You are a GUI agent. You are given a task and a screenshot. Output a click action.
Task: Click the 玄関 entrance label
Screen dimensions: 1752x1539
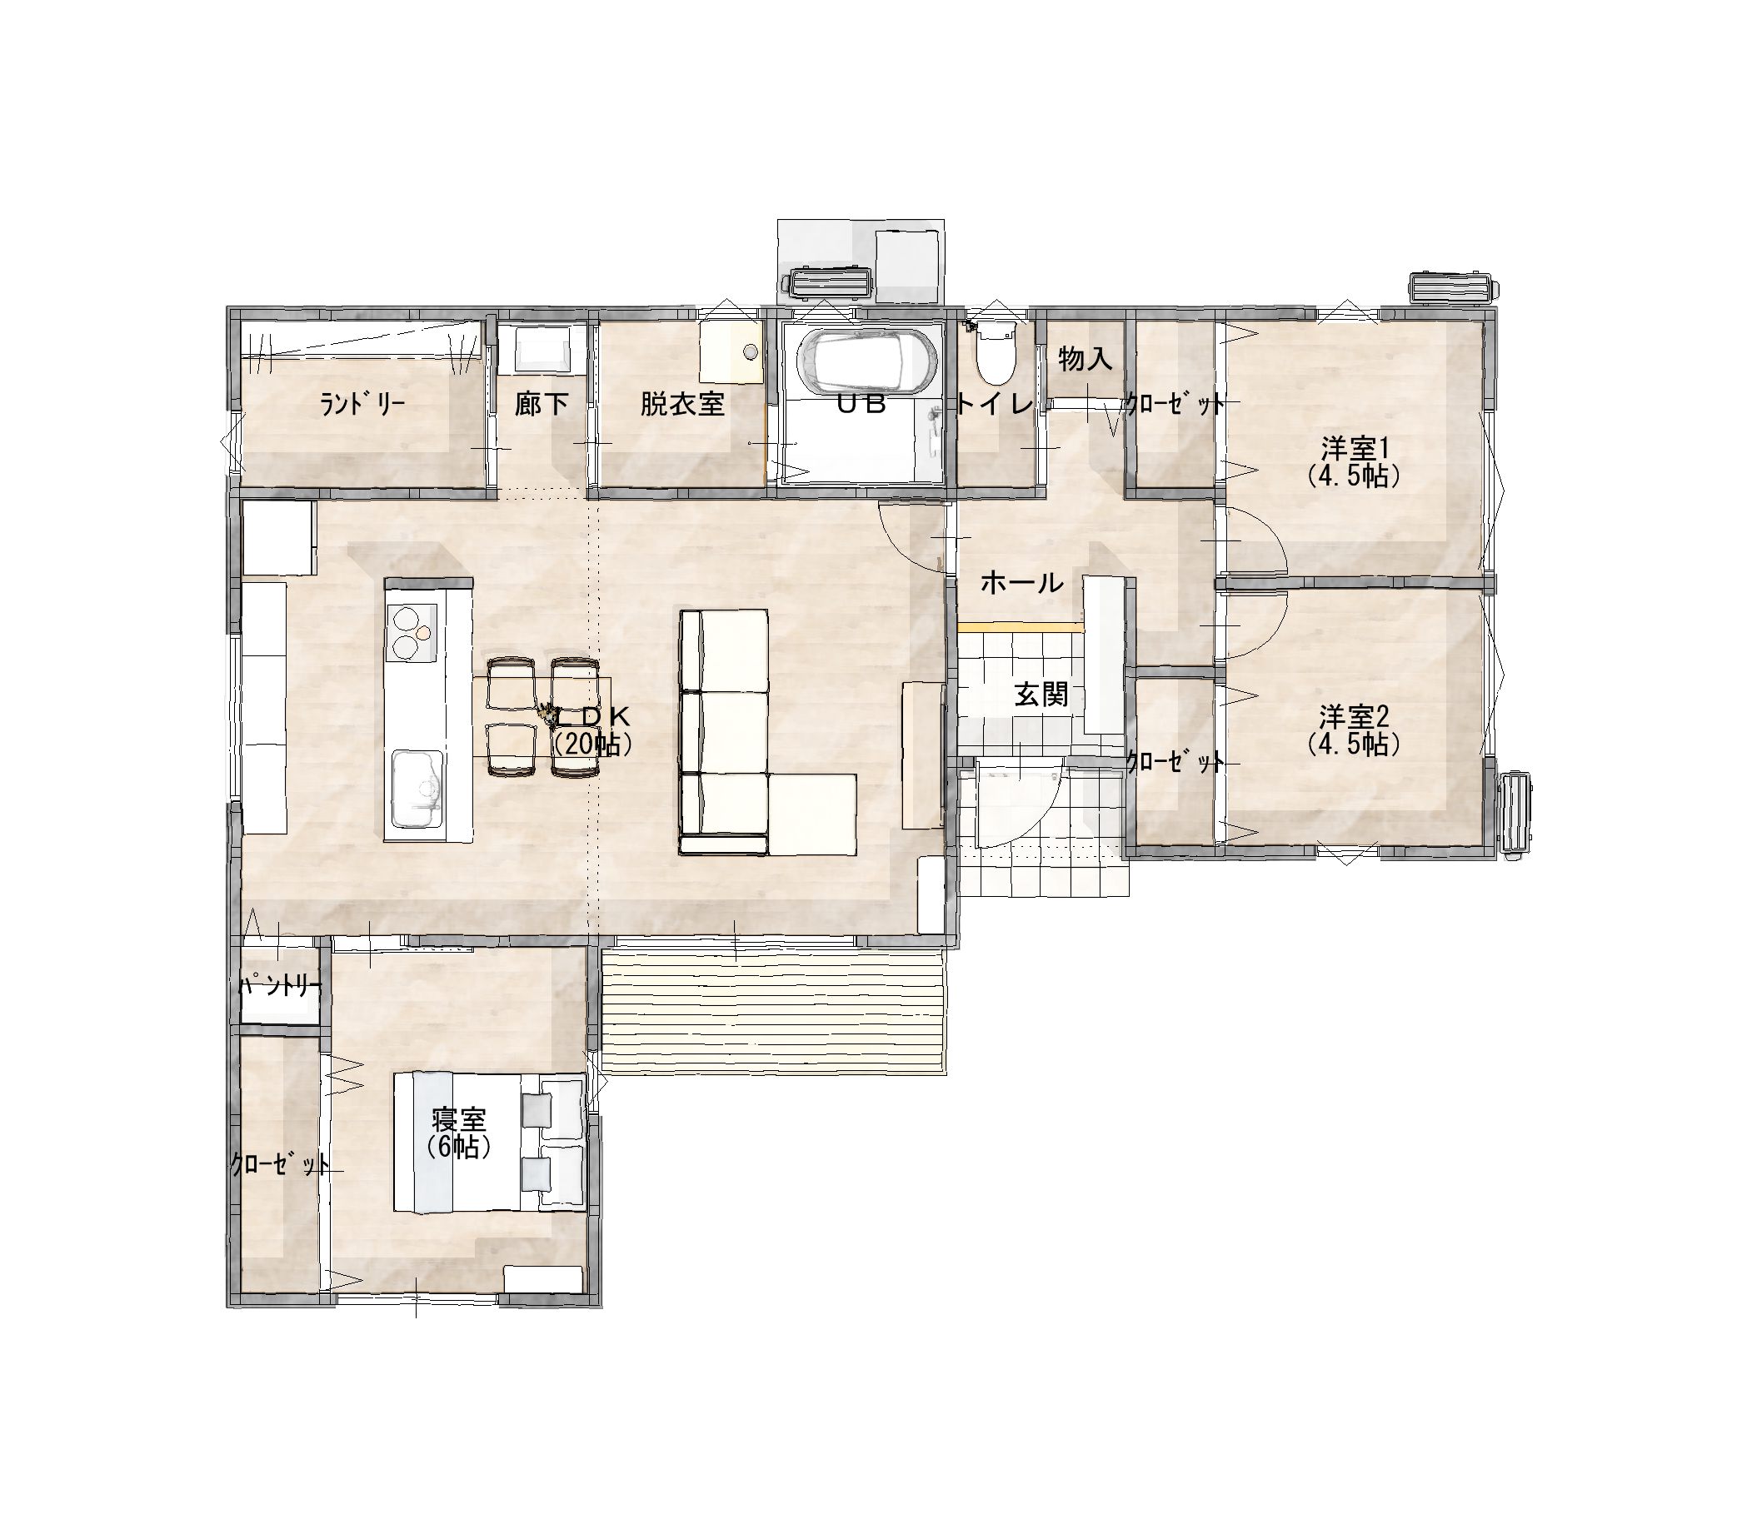click(x=1042, y=694)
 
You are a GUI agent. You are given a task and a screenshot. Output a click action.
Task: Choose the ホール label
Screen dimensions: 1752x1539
click(x=1021, y=584)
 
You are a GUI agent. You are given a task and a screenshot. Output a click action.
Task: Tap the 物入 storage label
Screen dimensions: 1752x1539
click(x=1086, y=359)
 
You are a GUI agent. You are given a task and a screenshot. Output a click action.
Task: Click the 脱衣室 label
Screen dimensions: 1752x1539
click(x=682, y=404)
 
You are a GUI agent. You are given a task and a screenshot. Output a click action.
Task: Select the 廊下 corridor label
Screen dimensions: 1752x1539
click(x=542, y=404)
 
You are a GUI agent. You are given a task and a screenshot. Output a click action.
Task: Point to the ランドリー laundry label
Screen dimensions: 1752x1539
click(x=362, y=404)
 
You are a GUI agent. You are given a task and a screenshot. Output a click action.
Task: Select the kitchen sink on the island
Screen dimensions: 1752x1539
click(x=417, y=788)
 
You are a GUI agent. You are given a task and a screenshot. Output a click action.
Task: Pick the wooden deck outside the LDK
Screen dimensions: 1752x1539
click(x=773, y=1008)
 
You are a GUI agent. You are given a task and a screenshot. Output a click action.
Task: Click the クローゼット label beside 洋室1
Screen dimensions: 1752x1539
click(x=1175, y=404)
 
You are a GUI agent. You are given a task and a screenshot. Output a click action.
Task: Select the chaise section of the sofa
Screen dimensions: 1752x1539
click(x=812, y=813)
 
